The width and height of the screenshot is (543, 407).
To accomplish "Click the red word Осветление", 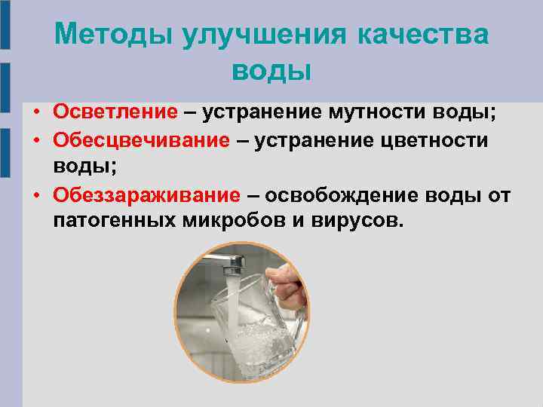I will coord(114,112).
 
